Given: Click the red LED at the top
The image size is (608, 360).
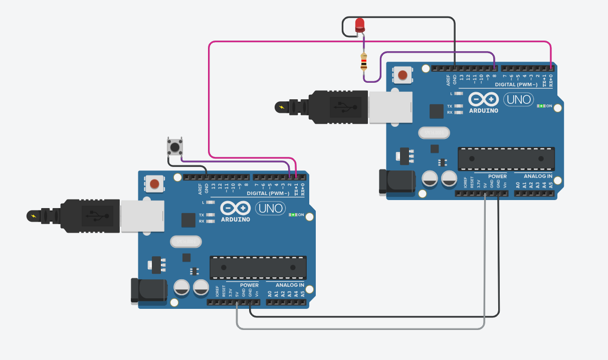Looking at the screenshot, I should [x=359, y=25].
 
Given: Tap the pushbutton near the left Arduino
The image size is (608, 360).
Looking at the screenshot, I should [x=175, y=147].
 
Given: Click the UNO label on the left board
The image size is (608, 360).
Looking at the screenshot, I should [x=269, y=208].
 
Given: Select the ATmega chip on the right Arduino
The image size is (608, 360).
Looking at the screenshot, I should [x=506, y=159].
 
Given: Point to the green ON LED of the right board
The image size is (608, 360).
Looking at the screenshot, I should [x=541, y=106].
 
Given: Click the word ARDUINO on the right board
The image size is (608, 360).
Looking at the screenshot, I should [x=484, y=111].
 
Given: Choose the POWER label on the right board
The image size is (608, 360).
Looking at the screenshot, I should [x=497, y=176].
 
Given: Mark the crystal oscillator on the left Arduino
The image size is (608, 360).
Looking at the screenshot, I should [x=185, y=242].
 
